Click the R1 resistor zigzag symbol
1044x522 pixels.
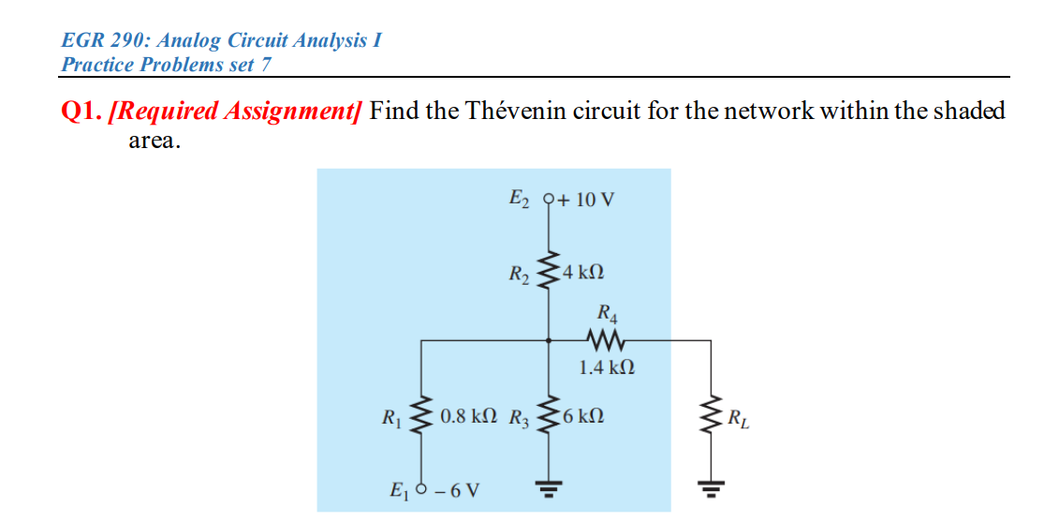[421, 415]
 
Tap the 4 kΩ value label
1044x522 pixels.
[583, 273]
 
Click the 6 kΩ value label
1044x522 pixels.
[584, 414]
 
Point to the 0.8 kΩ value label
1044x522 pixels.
[470, 414]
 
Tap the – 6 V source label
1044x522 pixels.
[458, 489]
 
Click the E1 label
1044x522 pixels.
[400, 489]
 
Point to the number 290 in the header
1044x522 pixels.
[139, 41]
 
